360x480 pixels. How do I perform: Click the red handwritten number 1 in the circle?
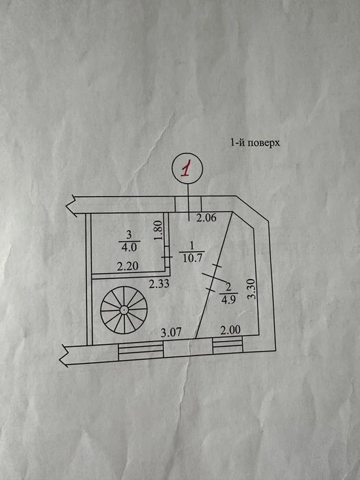click(x=187, y=168)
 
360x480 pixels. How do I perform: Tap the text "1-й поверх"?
click(x=255, y=143)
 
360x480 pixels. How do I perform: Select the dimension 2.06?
click(x=206, y=218)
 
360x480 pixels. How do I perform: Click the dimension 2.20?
click(x=128, y=266)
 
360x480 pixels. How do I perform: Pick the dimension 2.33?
click(x=159, y=284)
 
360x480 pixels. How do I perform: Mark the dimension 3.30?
click(x=251, y=289)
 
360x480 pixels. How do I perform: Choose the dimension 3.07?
click(x=171, y=332)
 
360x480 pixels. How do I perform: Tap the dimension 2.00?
click(x=230, y=330)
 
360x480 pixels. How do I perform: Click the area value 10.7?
click(x=192, y=259)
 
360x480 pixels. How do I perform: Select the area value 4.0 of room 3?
click(x=129, y=247)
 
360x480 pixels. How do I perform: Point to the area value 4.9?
click(x=228, y=300)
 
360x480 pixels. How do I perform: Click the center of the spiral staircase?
click(x=123, y=310)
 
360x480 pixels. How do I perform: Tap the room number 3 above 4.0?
click(x=129, y=235)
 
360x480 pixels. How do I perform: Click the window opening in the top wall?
click(x=189, y=204)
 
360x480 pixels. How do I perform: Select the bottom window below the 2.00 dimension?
click(x=228, y=345)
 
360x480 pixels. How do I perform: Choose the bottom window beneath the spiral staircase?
click(x=141, y=351)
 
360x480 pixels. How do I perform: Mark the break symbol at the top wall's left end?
click(x=71, y=206)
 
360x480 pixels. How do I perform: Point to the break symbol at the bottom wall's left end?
click(x=64, y=355)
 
